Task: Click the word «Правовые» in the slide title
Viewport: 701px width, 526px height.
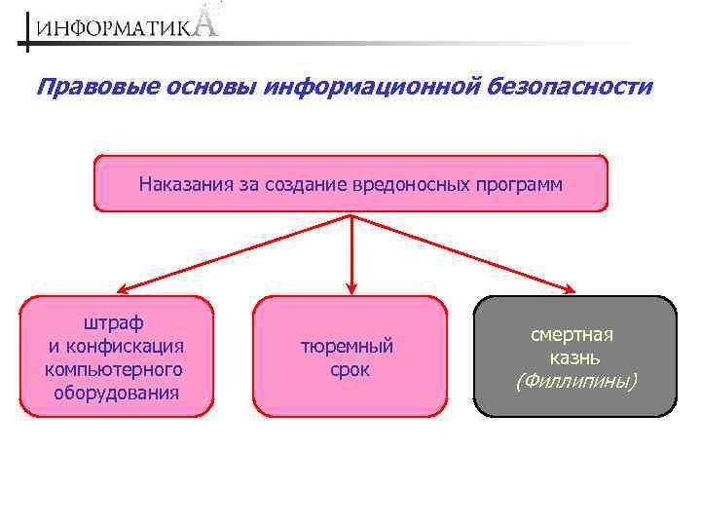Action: point(83,88)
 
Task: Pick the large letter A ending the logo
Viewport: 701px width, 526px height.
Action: point(205,21)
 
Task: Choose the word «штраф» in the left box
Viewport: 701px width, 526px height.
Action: point(115,322)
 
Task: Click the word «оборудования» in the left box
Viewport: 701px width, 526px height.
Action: point(117,393)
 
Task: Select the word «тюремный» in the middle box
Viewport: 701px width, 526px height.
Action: point(348,347)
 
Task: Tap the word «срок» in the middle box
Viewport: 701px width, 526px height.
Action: point(350,370)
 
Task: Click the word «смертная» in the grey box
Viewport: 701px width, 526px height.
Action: point(572,334)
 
